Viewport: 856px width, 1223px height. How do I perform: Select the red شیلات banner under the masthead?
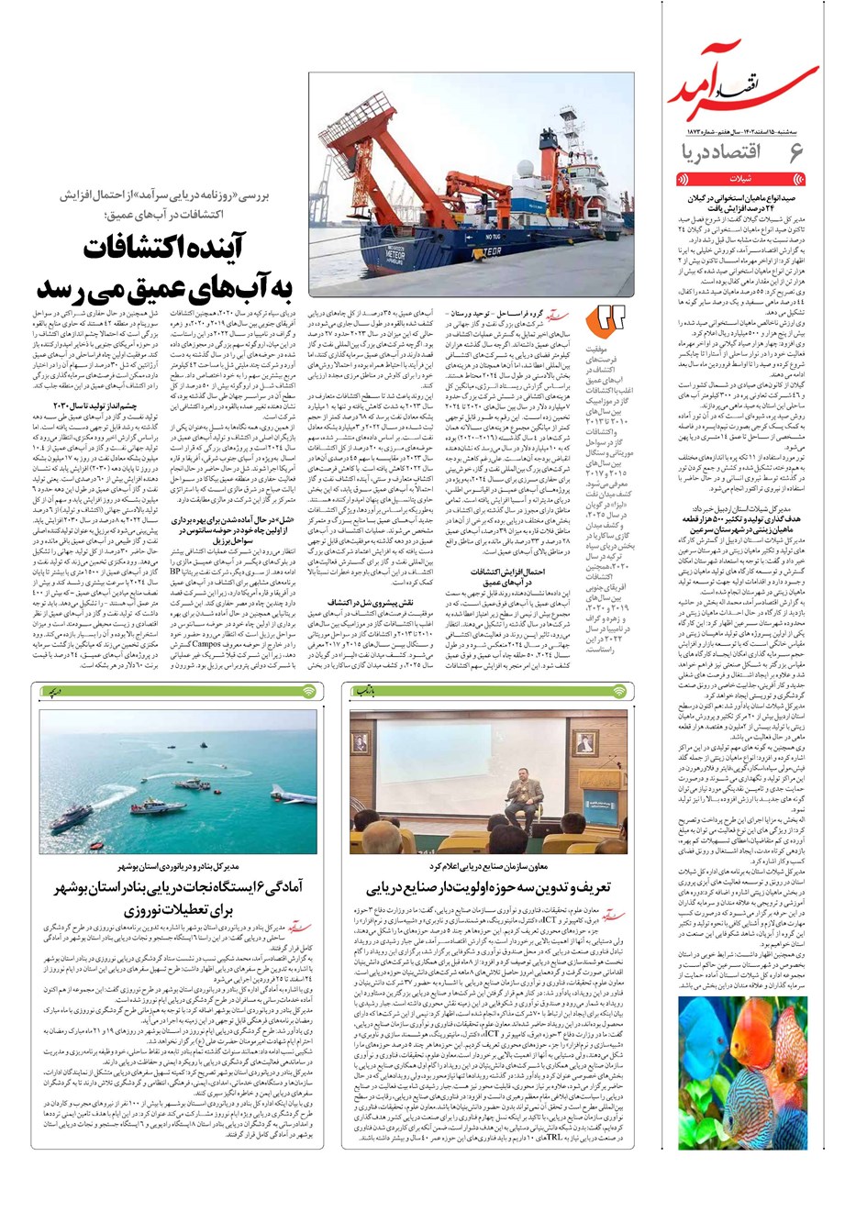click(740, 181)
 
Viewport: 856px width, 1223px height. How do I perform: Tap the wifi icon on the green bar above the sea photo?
click(308, 690)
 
